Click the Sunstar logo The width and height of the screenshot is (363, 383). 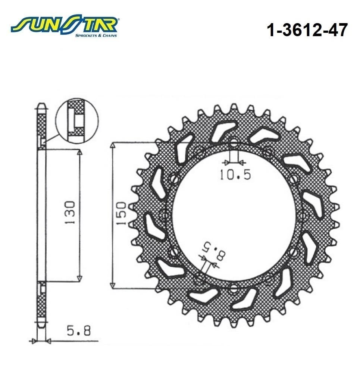pyautogui.click(x=65, y=25)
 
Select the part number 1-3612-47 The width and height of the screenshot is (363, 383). pyautogui.click(x=307, y=30)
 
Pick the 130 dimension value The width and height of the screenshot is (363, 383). pyautogui.click(x=70, y=213)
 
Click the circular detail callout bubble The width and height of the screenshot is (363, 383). pyautogui.click(x=77, y=120)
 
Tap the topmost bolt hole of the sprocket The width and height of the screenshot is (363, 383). pyautogui.click(x=234, y=143)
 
